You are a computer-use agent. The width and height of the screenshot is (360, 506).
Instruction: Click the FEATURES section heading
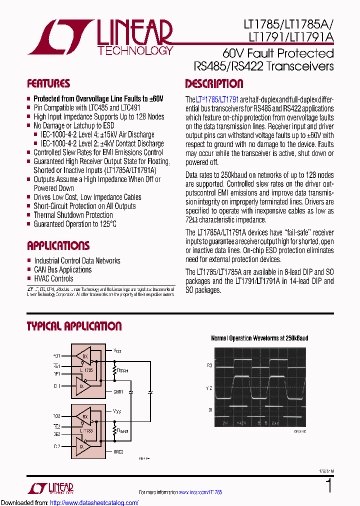(48, 83)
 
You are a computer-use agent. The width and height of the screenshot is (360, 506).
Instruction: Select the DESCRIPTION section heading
(214, 83)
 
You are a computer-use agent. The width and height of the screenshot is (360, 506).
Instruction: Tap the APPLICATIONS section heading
(58, 245)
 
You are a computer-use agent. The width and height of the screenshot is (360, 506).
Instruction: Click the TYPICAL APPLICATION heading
(74, 326)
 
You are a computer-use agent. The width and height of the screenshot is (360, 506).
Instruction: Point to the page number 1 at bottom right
(328, 485)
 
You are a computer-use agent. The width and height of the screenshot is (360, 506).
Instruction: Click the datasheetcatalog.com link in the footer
(94, 502)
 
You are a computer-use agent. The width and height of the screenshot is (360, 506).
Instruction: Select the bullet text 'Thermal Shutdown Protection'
(73, 215)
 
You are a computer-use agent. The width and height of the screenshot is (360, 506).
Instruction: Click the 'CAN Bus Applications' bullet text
(62, 269)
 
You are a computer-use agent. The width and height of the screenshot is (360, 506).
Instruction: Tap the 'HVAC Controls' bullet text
(53, 278)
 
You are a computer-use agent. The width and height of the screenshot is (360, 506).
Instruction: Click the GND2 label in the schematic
(118, 451)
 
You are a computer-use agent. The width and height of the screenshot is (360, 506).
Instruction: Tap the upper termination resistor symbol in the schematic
(114, 371)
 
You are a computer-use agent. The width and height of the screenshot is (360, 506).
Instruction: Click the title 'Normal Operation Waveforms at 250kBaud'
(259, 338)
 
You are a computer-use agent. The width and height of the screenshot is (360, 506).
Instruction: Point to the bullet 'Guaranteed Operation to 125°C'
(75, 224)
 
